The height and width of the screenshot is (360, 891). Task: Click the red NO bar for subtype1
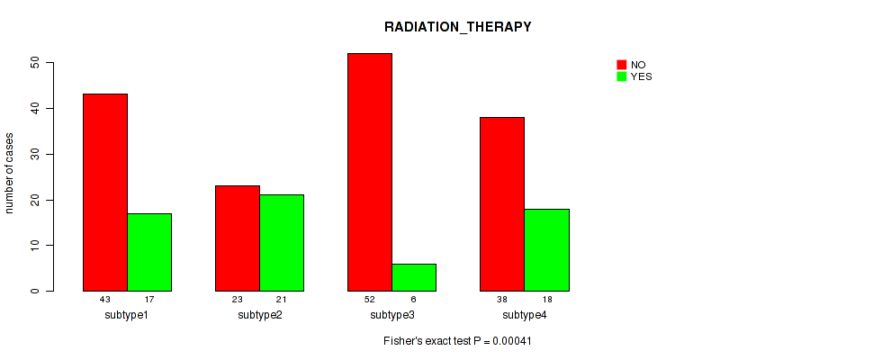click(x=105, y=193)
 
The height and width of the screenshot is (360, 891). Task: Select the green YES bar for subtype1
click(x=149, y=252)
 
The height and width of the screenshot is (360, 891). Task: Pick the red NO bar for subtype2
click(x=238, y=238)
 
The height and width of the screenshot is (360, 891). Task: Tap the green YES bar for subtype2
click(x=282, y=243)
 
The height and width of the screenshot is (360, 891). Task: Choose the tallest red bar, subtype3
click(x=370, y=172)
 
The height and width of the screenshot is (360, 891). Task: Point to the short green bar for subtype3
click(x=414, y=278)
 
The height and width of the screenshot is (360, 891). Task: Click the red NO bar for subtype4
click(x=502, y=204)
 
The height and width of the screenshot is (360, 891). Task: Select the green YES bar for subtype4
click(x=546, y=250)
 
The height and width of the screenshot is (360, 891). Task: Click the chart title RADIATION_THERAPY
click(x=457, y=27)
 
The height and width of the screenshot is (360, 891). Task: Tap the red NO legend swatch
click(x=622, y=65)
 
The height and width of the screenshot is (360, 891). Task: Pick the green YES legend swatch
click(x=622, y=76)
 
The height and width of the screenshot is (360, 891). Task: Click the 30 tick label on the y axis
click(x=35, y=155)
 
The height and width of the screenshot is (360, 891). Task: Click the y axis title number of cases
click(x=9, y=173)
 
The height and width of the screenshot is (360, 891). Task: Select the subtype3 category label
click(x=392, y=315)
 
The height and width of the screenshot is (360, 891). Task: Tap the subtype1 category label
click(x=127, y=315)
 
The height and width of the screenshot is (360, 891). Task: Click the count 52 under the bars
click(x=370, y=299)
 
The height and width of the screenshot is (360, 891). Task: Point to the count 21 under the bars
click(x=282, y=299)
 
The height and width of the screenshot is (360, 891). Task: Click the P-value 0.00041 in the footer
click(x=512, y=341)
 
